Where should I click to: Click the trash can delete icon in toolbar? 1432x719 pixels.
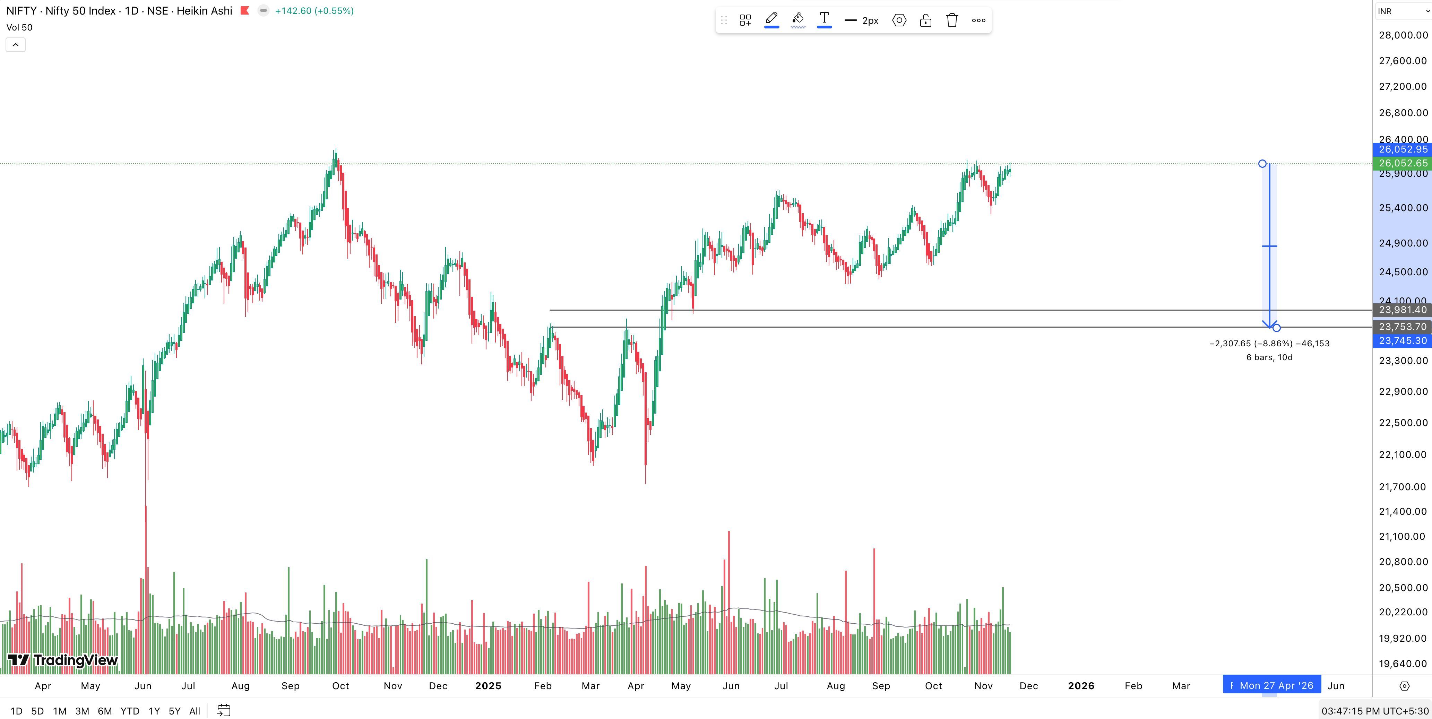point(952,20)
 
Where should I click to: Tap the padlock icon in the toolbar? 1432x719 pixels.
point(925,20)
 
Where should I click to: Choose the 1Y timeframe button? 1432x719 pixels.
point(154,711)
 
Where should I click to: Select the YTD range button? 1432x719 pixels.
point(130,711)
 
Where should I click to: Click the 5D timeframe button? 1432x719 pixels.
point(37,711)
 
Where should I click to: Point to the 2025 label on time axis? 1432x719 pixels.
point(488,686)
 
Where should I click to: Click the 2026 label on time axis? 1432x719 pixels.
point(1081,686)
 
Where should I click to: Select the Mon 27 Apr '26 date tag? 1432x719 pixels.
point(1275,686)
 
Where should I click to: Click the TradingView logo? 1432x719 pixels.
point(63,660)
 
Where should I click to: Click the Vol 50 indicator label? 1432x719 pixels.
point(19,27)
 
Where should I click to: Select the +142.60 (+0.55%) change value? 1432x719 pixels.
point(314,10)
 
